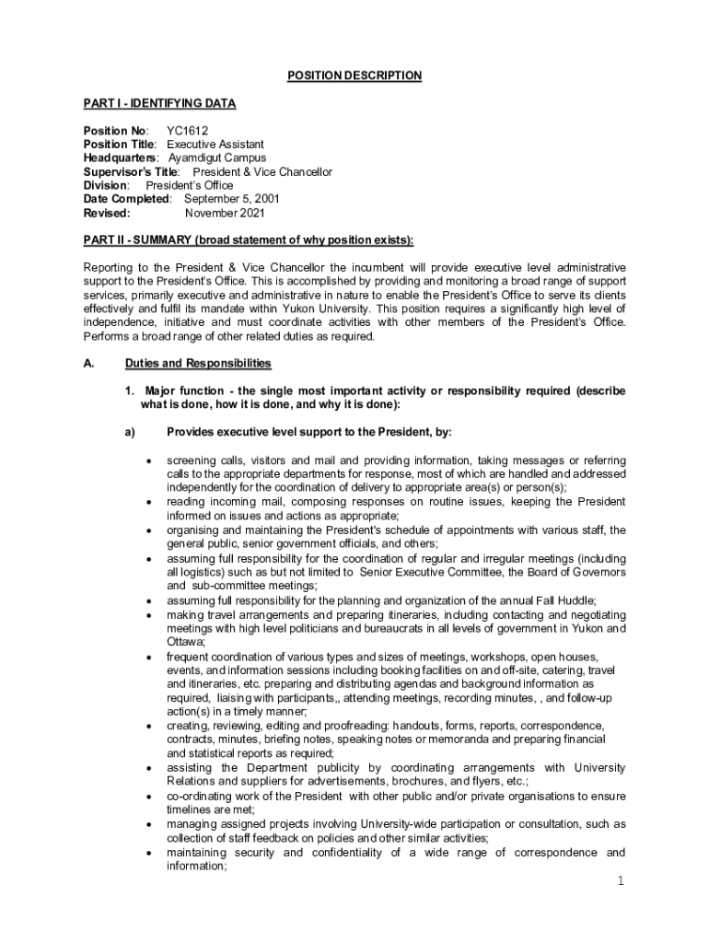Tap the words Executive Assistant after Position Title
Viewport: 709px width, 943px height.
(x=215, y=145)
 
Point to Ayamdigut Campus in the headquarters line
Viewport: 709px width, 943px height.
(x=217, y=157)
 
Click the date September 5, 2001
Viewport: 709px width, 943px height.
(x=232, y=199)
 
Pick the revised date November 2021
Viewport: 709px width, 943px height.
(x=225, y=213)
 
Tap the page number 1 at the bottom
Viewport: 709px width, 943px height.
(x=622, y=882)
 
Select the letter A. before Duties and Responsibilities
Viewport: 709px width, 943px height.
(x=88, y=364)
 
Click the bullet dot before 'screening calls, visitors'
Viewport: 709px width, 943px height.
(x=148, y=460)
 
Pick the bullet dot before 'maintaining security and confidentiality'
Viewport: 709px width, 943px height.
(x=148, y=853)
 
